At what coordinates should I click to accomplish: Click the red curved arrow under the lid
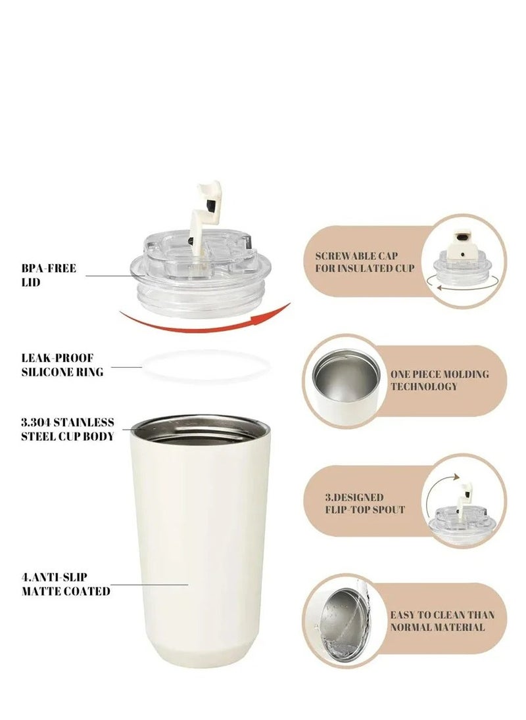tap(204, 317)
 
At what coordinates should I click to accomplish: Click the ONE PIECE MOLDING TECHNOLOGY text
tap(439, 380)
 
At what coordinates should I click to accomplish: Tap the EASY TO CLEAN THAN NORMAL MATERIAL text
tap(441, 621)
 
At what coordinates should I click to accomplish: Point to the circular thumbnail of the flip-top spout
tap(463, 501)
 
